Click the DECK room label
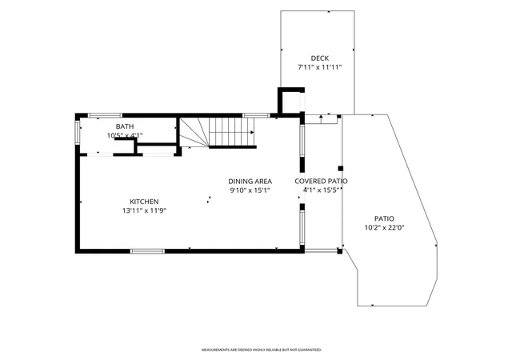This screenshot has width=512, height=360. [x=320, y=58]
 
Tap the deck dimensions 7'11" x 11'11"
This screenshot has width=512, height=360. [x=320, y=68]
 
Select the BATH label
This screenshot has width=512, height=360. [x=125, y=126]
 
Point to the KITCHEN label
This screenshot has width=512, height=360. [x=144, y=202]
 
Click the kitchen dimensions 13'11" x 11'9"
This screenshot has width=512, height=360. [x=144, y=210]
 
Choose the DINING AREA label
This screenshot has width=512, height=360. [x=250, y=182]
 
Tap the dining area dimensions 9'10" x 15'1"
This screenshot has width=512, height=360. [x=250, y=190]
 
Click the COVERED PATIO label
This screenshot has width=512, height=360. [x=321, y=181]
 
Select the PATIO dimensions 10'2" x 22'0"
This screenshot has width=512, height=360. [x=384, y=228]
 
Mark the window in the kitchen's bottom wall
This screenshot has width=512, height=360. [x=147, y=251]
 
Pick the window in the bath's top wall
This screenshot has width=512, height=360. [x=105, y=115]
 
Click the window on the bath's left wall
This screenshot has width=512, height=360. [x=78, y=133]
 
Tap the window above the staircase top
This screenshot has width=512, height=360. [x=256, y=115]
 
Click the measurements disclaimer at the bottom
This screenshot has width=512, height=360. [x=262, y=350]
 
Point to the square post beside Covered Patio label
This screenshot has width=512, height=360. [x=341, y=169]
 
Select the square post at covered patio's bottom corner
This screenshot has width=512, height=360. [x=339, y=251]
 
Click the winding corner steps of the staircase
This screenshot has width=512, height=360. [x=194, y=132]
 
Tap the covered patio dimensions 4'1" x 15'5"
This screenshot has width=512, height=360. [x=322, y=190]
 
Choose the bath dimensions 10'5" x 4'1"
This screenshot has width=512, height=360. [x=125, y=135]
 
